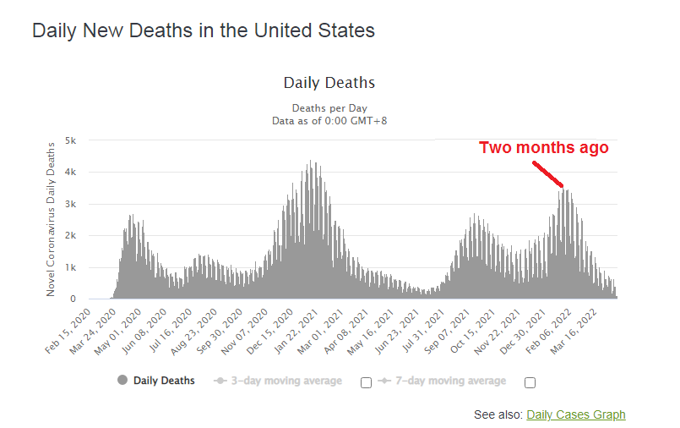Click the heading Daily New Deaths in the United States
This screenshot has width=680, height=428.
coord(203,31)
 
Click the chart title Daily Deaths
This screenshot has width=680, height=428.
coord(329,83)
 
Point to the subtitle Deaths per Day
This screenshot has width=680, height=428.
coord(329,108)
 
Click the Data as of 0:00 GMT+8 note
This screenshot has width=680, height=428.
coord(329,121)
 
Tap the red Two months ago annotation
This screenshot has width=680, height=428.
coord(543,148)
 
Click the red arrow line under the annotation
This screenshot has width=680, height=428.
coord(547,173)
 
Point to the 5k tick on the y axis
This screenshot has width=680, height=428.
coord(71,140)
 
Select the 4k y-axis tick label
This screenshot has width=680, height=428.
coord(71,172)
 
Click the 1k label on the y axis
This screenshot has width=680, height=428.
coord(71,267)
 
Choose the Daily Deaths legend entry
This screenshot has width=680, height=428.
coord(164,381)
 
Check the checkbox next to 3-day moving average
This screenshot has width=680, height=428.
coord(366,382)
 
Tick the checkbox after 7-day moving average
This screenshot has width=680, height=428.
coord(530,382)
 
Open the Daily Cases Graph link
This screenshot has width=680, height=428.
coord(575,414)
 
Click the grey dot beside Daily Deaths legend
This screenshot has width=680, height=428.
coord(123,381)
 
